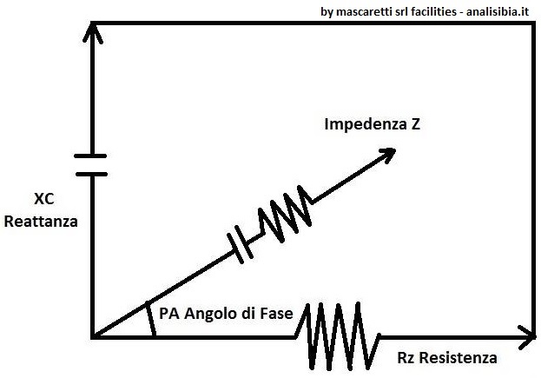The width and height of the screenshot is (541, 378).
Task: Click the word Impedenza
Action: click(x=360, y=124)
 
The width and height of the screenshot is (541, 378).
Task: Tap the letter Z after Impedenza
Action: click(x=416, y=124)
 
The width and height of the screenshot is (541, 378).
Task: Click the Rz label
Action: click(x=407, y=358)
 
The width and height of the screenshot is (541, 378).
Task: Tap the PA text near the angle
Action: click(x=168, y=311)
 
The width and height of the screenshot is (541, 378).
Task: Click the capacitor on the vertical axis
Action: click(x=90, y=164)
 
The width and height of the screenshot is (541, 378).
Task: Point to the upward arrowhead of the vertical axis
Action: click(x=91, y=32)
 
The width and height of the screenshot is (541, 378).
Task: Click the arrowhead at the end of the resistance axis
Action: click(x=526, y=334)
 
